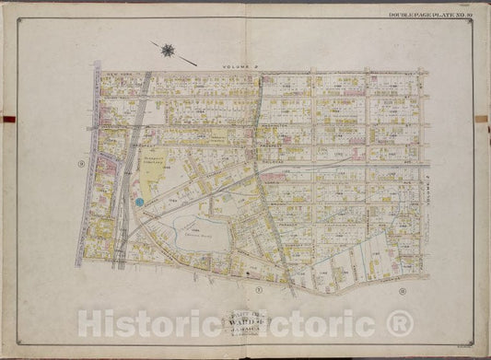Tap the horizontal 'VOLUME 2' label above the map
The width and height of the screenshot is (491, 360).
point(242,66)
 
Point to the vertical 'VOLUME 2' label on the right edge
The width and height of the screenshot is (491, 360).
point(436,194)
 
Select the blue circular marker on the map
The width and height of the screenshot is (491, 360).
point(139,200)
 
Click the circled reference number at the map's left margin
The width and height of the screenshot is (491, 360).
point(82,165)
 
